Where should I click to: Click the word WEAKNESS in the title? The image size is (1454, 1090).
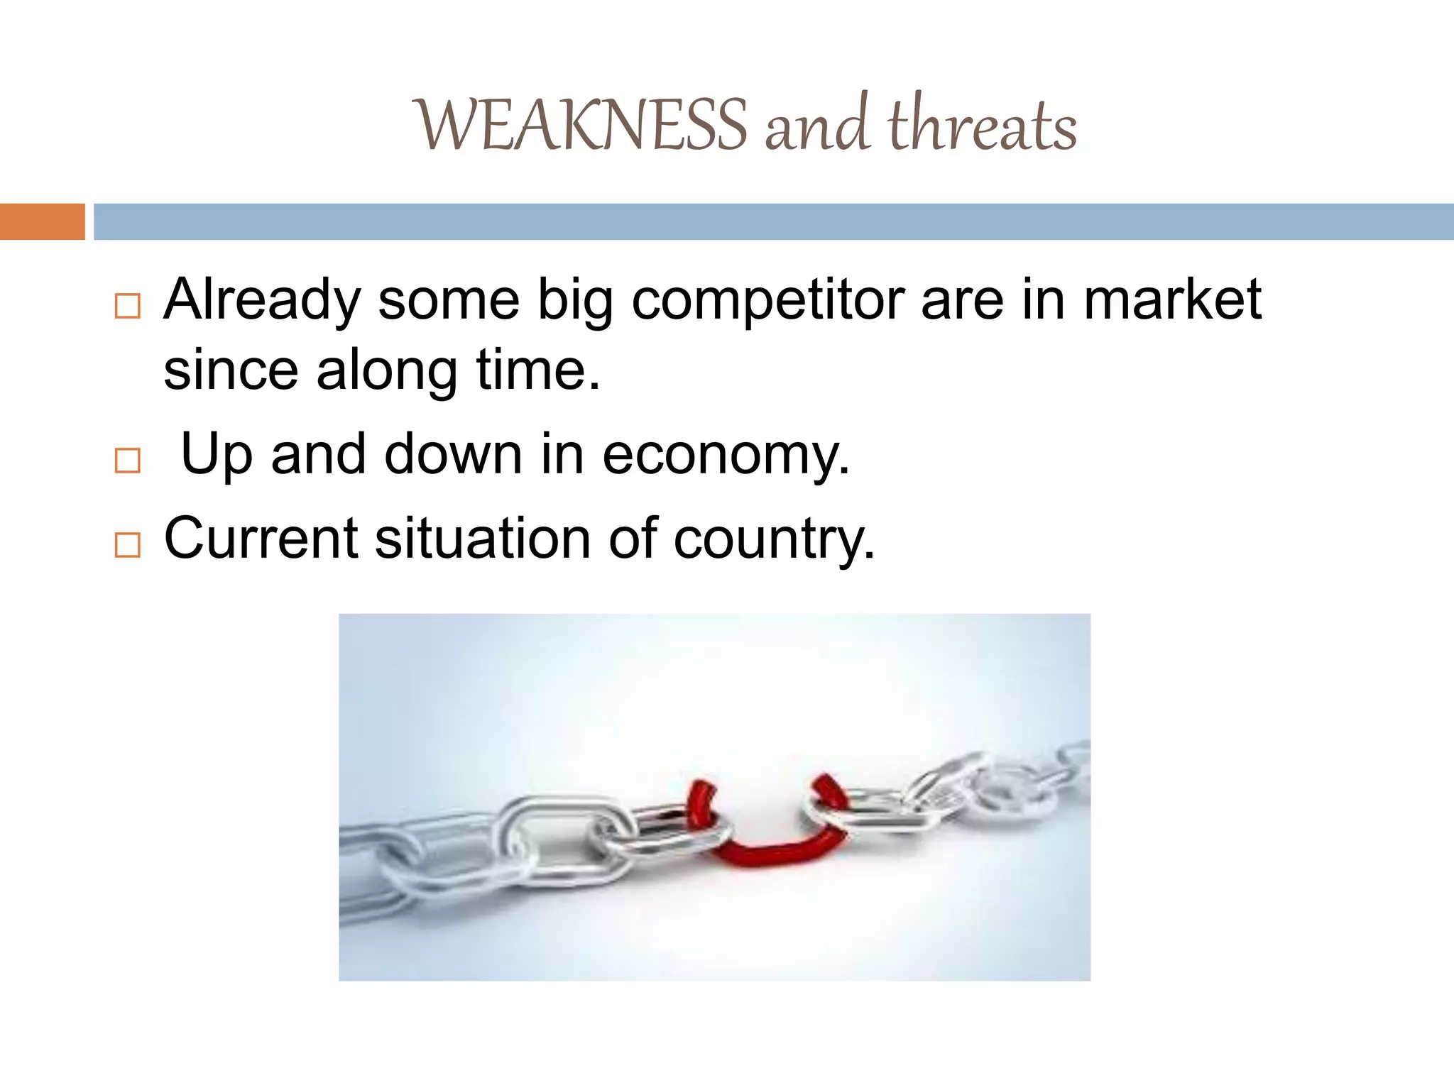(580, 126)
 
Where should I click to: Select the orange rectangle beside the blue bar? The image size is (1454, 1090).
(42, 221)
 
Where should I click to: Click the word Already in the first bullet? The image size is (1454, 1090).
(262, 300)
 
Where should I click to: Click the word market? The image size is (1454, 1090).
(1172, 299)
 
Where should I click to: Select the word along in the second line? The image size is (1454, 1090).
(387, 371)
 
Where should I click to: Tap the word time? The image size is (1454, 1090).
(537, 370)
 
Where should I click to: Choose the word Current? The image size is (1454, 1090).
(261, 538)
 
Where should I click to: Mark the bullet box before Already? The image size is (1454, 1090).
(127, 307)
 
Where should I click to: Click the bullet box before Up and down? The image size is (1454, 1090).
(127, 461)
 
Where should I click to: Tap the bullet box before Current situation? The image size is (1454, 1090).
(127, 544)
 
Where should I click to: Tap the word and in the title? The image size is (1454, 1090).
(816, 126)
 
